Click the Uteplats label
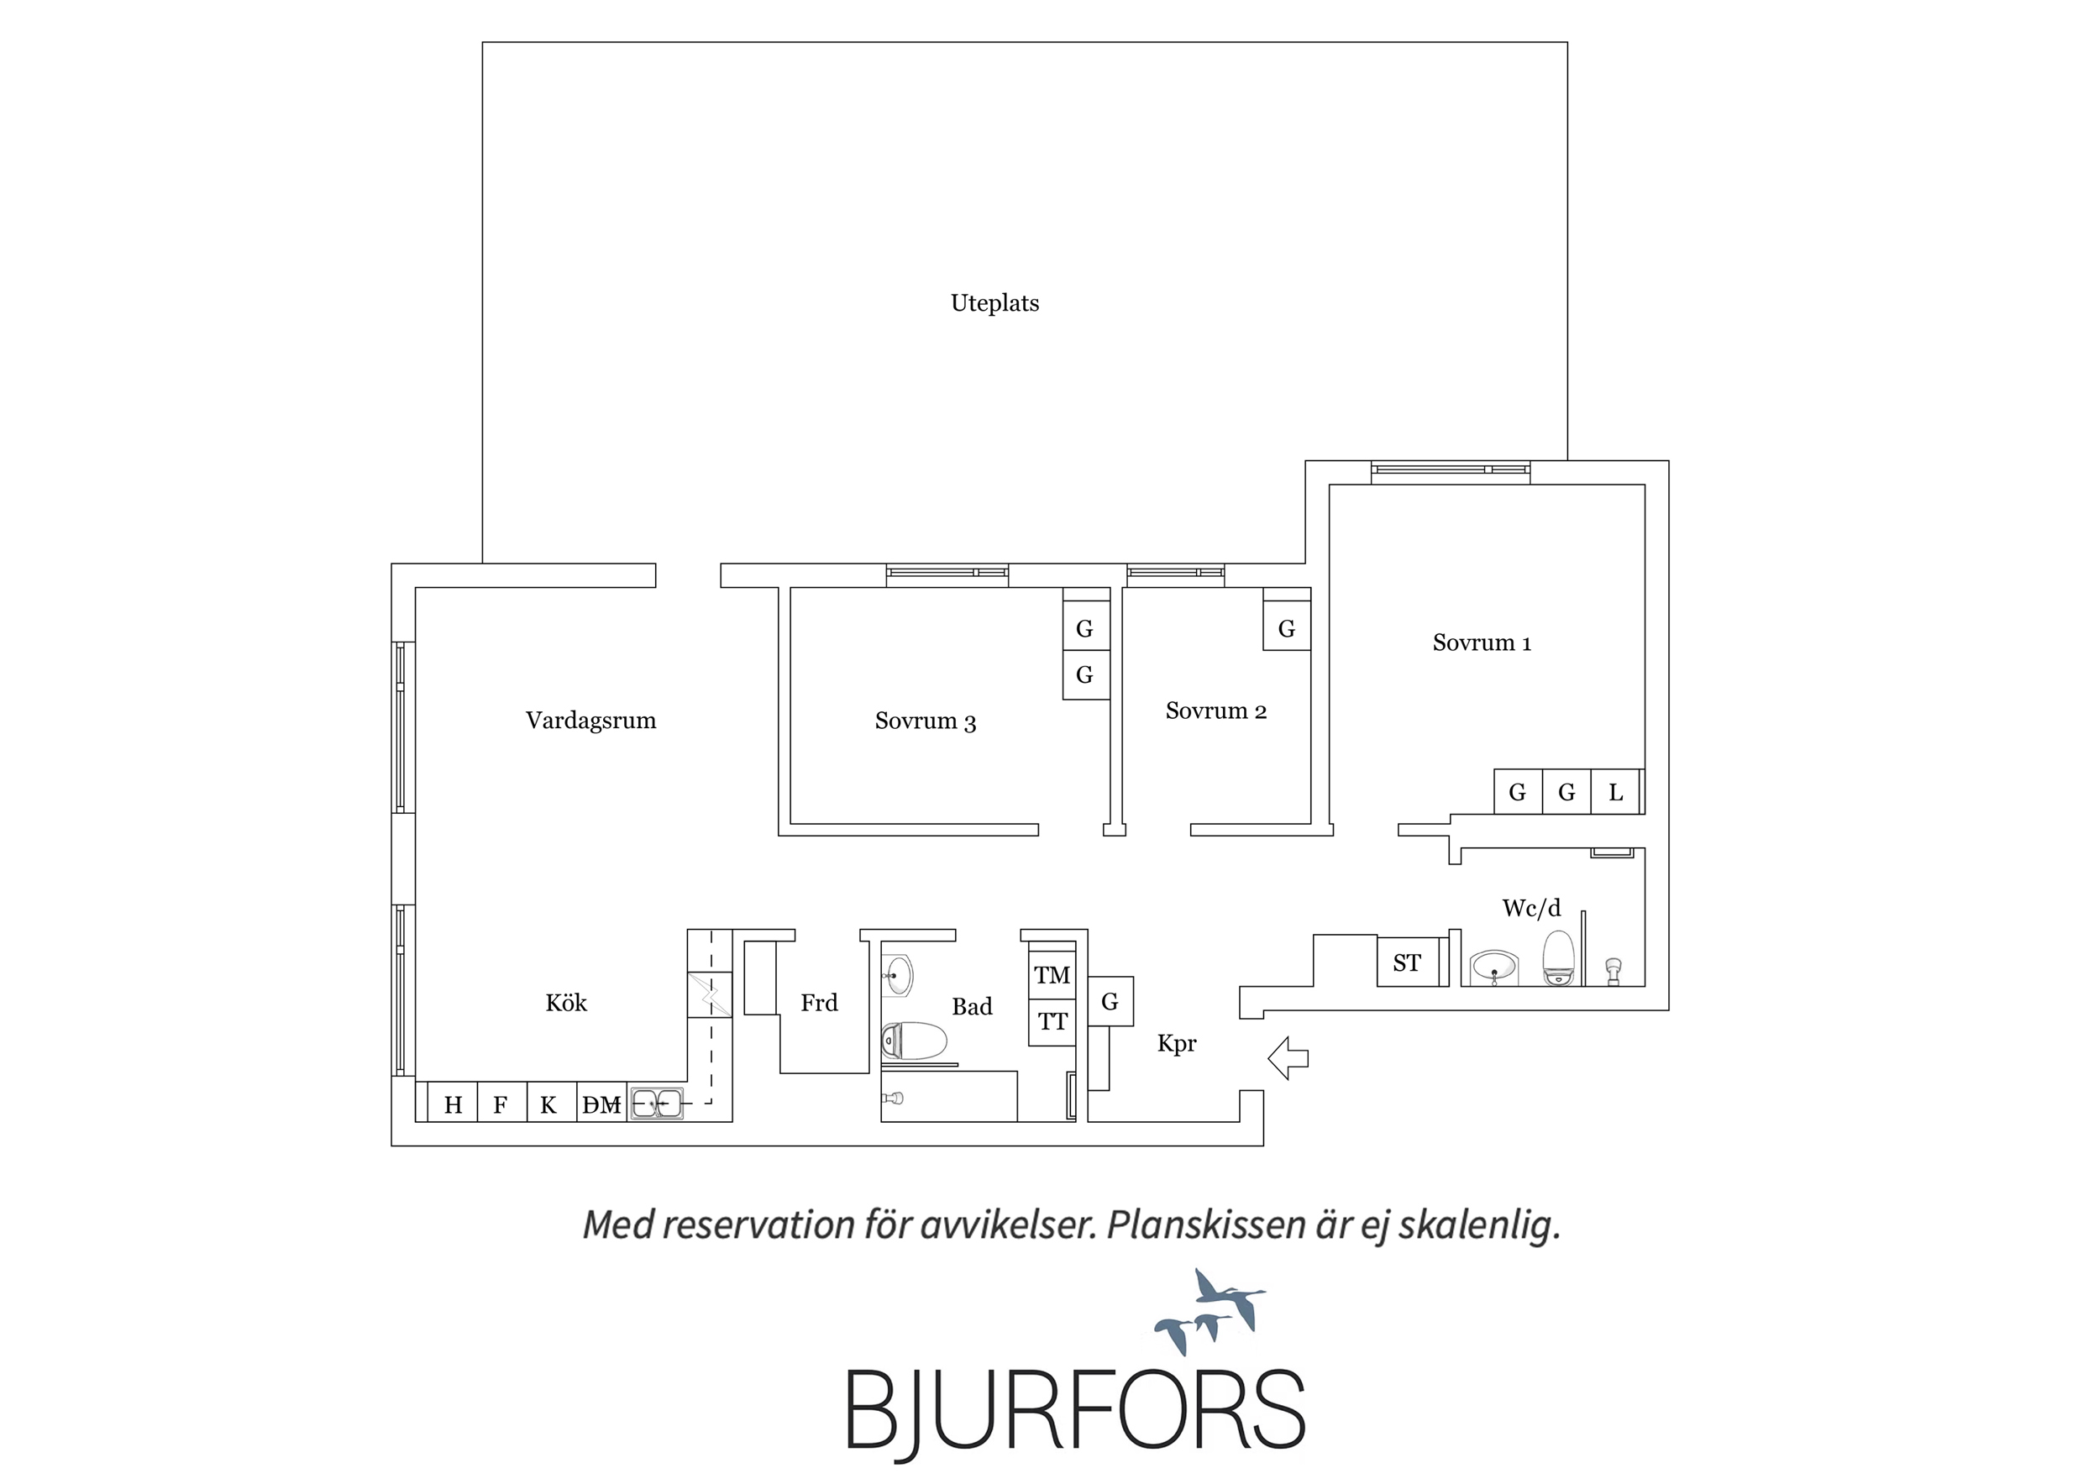click(x=994, y=303)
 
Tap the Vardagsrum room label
click(x=590, y=721)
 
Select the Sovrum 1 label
click(x=1481, y=642)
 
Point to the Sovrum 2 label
click(x=1216, y=711)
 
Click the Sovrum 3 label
click(x=925, y=721)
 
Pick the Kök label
click(x=566, y=1003)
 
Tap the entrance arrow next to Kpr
click(x=1288, y=1058)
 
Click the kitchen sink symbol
click(x=655, y=1104)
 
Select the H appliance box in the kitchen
click(x=453, y=1102)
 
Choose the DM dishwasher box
click(x=602, y=1102)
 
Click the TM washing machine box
click(x=1052, y=976)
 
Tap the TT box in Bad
click(x=1052, y=1022)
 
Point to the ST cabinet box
click(x=1408, y=962)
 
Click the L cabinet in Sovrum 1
click(x=1616, y=792)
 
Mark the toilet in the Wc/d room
click(x=1559, y=957)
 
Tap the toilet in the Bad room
click(x=913, y=1041)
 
